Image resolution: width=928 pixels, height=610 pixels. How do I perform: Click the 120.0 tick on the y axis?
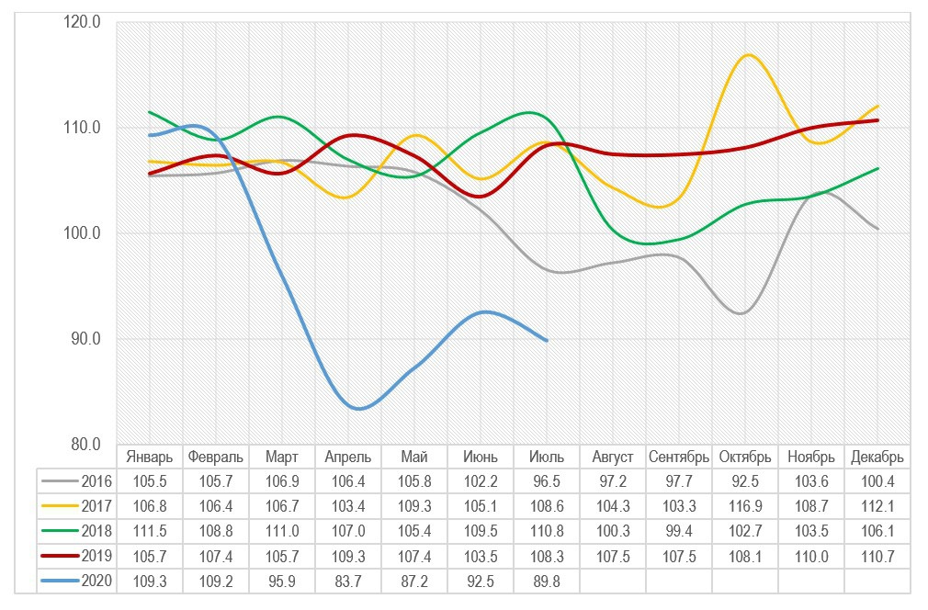pos(82,22)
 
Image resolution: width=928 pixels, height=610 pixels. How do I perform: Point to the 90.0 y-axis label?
pos(82,339)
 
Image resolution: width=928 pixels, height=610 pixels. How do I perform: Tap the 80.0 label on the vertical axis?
pos(82,445)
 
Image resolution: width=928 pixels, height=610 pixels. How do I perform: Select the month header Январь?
pos(150,457)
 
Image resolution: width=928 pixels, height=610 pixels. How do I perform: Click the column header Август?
pos(613,457)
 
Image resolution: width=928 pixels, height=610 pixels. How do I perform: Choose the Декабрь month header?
pos(877,457)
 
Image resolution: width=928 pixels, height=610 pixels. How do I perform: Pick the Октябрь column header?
pos(745,457)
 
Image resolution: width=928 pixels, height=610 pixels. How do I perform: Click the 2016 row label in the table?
pos(96,481)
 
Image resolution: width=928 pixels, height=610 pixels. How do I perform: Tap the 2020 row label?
pos(96,581)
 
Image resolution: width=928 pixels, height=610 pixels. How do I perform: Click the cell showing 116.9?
pos(745,506)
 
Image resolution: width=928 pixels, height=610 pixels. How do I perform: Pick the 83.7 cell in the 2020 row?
pos(348,581)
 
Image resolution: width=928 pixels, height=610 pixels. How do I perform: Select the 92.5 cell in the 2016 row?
pos(745,481)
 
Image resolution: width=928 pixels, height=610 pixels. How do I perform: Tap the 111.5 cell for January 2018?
pos(150,531)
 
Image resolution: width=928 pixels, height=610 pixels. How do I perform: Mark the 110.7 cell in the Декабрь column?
pos(877,556)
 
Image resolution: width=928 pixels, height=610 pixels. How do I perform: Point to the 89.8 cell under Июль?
pos(547,581)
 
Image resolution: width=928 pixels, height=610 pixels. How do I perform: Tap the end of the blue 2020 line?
pos(547,341)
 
